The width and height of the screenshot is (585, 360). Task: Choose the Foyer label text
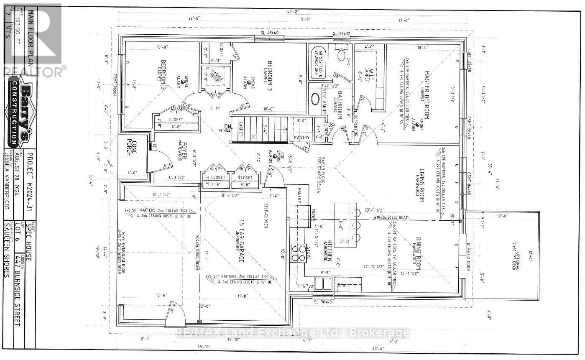point(184,152)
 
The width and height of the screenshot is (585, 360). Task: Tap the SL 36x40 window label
point(322,301)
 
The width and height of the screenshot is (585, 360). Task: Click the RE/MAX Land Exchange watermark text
point(292,333)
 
